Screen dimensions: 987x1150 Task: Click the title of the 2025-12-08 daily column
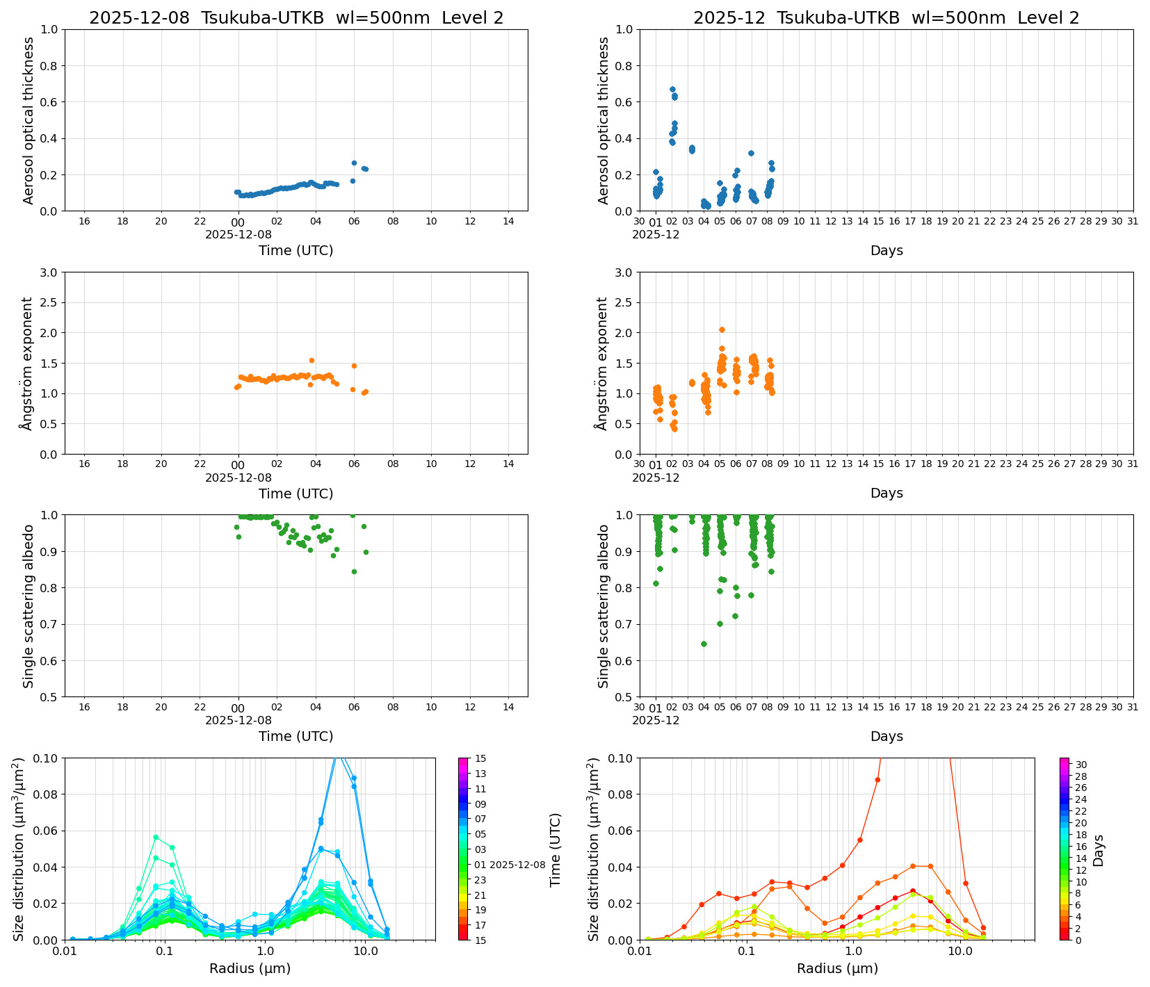pyautogui.click(x=296, y=18)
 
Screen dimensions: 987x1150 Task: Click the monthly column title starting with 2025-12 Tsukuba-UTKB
pyautogui.click(x=886, y=18)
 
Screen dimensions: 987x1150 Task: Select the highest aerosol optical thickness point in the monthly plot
pyautogui.click(x=672, y=90)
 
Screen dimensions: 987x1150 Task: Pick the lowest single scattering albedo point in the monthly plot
pyautogui.click(x=704, y=644)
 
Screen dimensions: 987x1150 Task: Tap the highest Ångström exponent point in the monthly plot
pyautogui.click(x=722, y=330)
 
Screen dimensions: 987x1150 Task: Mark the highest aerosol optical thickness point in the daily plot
pyautogui.click(x=354, y=163)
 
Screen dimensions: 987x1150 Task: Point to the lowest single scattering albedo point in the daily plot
pyautogui.click(x=354, y=571)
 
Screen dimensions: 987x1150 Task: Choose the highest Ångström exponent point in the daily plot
pyautogui.click(x=311, y=361)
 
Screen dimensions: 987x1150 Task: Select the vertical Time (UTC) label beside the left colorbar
pyautogui.click(x=555, y=849)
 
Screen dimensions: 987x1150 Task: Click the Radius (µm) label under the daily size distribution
pyautogui.click(x=250, y=968)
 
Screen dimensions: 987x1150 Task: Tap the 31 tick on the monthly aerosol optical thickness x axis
pyautogui.click(x=1133, y=222)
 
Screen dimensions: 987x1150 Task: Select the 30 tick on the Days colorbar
pyautogui.click(x=1081, y=765)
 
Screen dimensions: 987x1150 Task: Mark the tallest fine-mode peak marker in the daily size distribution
pyautogui.click(x=156, y=837)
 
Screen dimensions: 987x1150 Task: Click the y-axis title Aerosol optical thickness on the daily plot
pyautogui.click(x=29, y=120)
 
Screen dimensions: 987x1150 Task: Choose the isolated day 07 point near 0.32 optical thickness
pyautogui.click(x=751, y=154)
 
